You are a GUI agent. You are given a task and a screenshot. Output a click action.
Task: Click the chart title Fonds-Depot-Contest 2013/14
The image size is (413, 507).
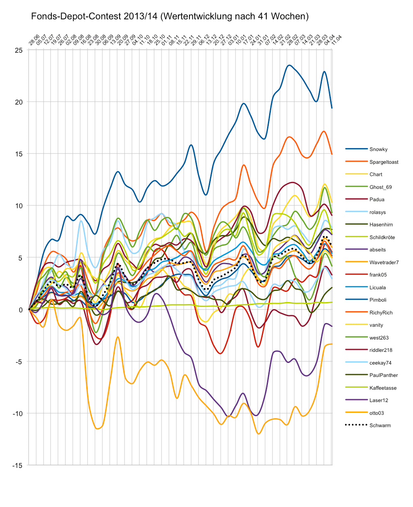coord(170,16)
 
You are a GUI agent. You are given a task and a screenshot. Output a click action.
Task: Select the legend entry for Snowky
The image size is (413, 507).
coord(378,149)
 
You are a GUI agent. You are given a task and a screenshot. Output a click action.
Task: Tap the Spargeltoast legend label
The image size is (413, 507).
coord(384,162)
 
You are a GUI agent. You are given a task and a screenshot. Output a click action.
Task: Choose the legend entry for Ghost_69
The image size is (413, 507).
coord(381,187)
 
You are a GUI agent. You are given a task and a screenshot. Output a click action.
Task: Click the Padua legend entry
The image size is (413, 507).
coord(377,200)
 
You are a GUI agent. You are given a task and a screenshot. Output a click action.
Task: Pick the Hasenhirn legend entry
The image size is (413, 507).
coord(381,225)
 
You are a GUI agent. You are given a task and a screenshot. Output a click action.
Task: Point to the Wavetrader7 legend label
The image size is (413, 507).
coord(384,263)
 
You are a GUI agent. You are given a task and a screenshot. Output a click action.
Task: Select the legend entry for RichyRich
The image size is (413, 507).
coord(381,313)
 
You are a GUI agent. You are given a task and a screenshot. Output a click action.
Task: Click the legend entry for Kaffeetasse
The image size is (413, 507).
coord(383,388)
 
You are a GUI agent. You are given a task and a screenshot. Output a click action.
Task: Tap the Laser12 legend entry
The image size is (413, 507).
coord(378,400)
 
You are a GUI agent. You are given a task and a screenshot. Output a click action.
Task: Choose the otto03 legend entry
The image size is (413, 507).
coord(376,413)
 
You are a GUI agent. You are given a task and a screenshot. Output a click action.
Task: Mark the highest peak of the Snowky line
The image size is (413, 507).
coord(289,65)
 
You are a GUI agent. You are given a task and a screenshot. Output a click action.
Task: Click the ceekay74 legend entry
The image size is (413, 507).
coord(381,363)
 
